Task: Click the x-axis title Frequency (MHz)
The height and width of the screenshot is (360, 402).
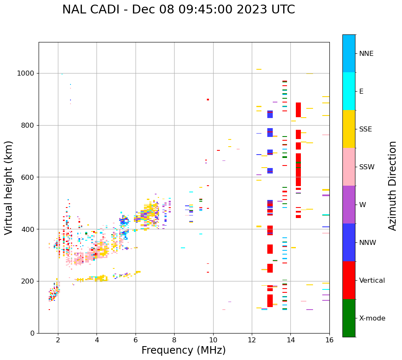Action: pos(183,350)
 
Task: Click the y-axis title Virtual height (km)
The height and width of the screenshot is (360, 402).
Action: pos(9,188)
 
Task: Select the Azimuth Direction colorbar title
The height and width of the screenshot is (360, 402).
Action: pos(392,186)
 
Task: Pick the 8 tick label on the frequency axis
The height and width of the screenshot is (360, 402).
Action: pos(174,340)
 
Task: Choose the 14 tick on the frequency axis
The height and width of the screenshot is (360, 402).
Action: pos(290,340)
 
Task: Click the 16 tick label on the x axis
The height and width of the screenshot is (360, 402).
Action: pos(329,340)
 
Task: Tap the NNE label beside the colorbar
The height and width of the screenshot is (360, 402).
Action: pos(366,54)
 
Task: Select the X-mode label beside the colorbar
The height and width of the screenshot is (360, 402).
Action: pos(372,318)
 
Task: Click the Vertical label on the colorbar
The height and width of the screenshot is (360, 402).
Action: pos(372,281)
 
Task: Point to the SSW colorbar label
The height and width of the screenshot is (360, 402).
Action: pos(367,167)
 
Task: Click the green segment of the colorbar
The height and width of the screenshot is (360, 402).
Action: pos(349,318)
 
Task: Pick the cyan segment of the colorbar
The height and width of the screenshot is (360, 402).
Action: pos(349,91)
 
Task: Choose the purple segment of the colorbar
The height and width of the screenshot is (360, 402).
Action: pos(349,205)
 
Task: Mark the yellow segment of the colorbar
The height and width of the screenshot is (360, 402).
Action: pos(349,129)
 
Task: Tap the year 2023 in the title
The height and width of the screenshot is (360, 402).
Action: pos(251,10)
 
